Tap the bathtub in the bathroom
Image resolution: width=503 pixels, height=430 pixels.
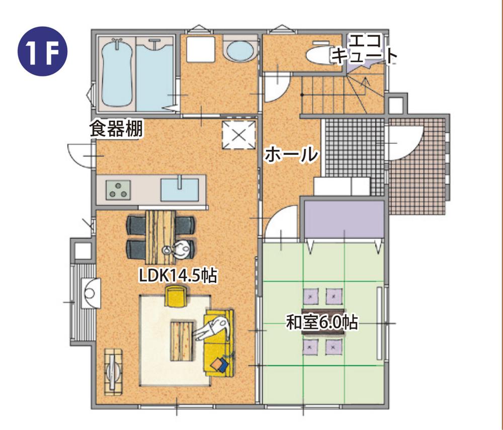point(117,75)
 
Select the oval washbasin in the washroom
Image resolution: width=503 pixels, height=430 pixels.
point(240,51)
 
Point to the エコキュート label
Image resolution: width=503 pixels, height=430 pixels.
point(363,48)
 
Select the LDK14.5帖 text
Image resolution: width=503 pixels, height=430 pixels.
point(178,276)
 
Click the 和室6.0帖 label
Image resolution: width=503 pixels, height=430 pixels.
point(322,322)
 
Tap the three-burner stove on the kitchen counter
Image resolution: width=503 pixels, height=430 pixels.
point(119,190)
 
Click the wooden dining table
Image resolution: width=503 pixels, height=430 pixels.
point(161,230)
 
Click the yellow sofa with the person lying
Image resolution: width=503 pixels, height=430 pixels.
point(219,342)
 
